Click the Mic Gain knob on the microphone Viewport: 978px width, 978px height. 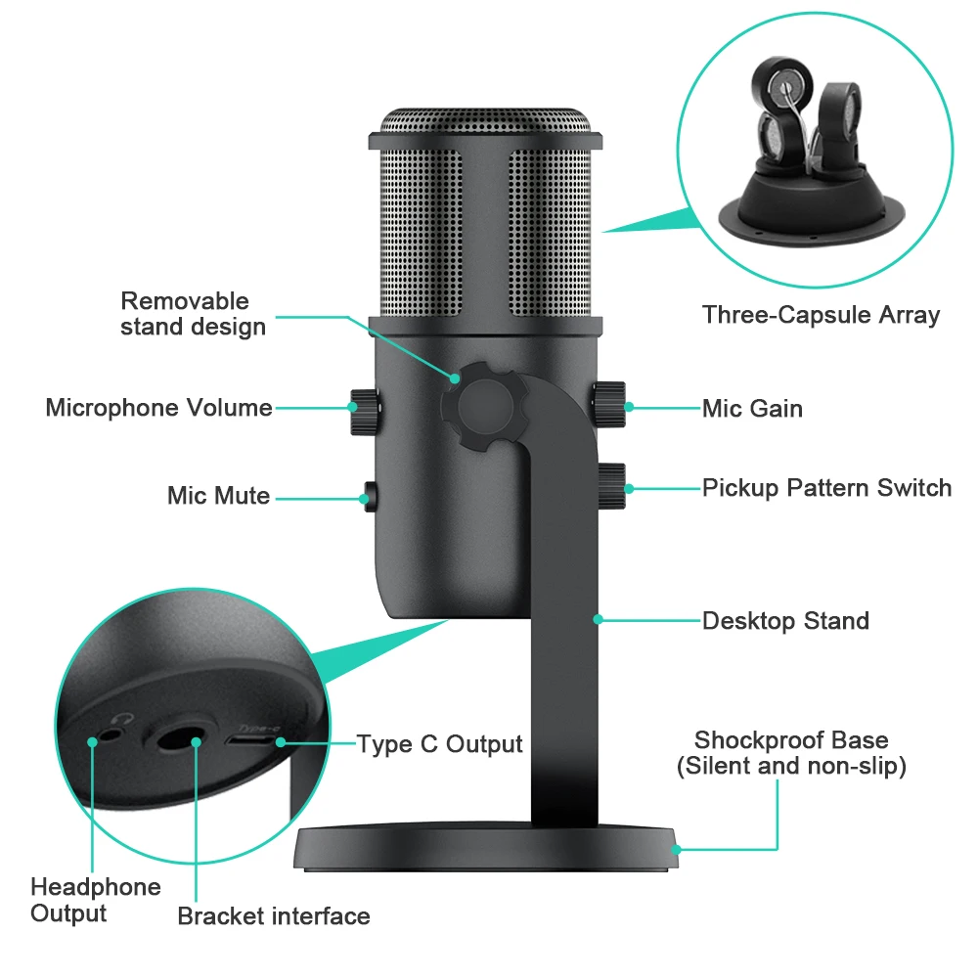point(610,405)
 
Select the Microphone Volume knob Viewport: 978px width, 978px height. point(365,411)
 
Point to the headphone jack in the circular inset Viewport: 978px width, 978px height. point(116,728)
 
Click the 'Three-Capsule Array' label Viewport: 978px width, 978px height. point(821,315)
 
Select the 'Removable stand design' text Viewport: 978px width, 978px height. point(193,314)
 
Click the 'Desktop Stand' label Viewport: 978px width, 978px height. point(785,621)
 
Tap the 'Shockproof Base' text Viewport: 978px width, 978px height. point(791,740)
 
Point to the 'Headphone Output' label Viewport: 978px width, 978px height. point(95,900)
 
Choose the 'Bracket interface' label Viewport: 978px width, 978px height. point(274,916)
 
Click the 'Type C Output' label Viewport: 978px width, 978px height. point(439,744)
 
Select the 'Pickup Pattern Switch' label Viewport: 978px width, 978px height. point(826,487)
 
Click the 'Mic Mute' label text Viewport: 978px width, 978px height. point(218,496)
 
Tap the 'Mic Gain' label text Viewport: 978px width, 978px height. point(752,408)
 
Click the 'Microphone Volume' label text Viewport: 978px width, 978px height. point(158,408)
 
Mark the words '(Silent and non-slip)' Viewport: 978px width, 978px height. point(791,766)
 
